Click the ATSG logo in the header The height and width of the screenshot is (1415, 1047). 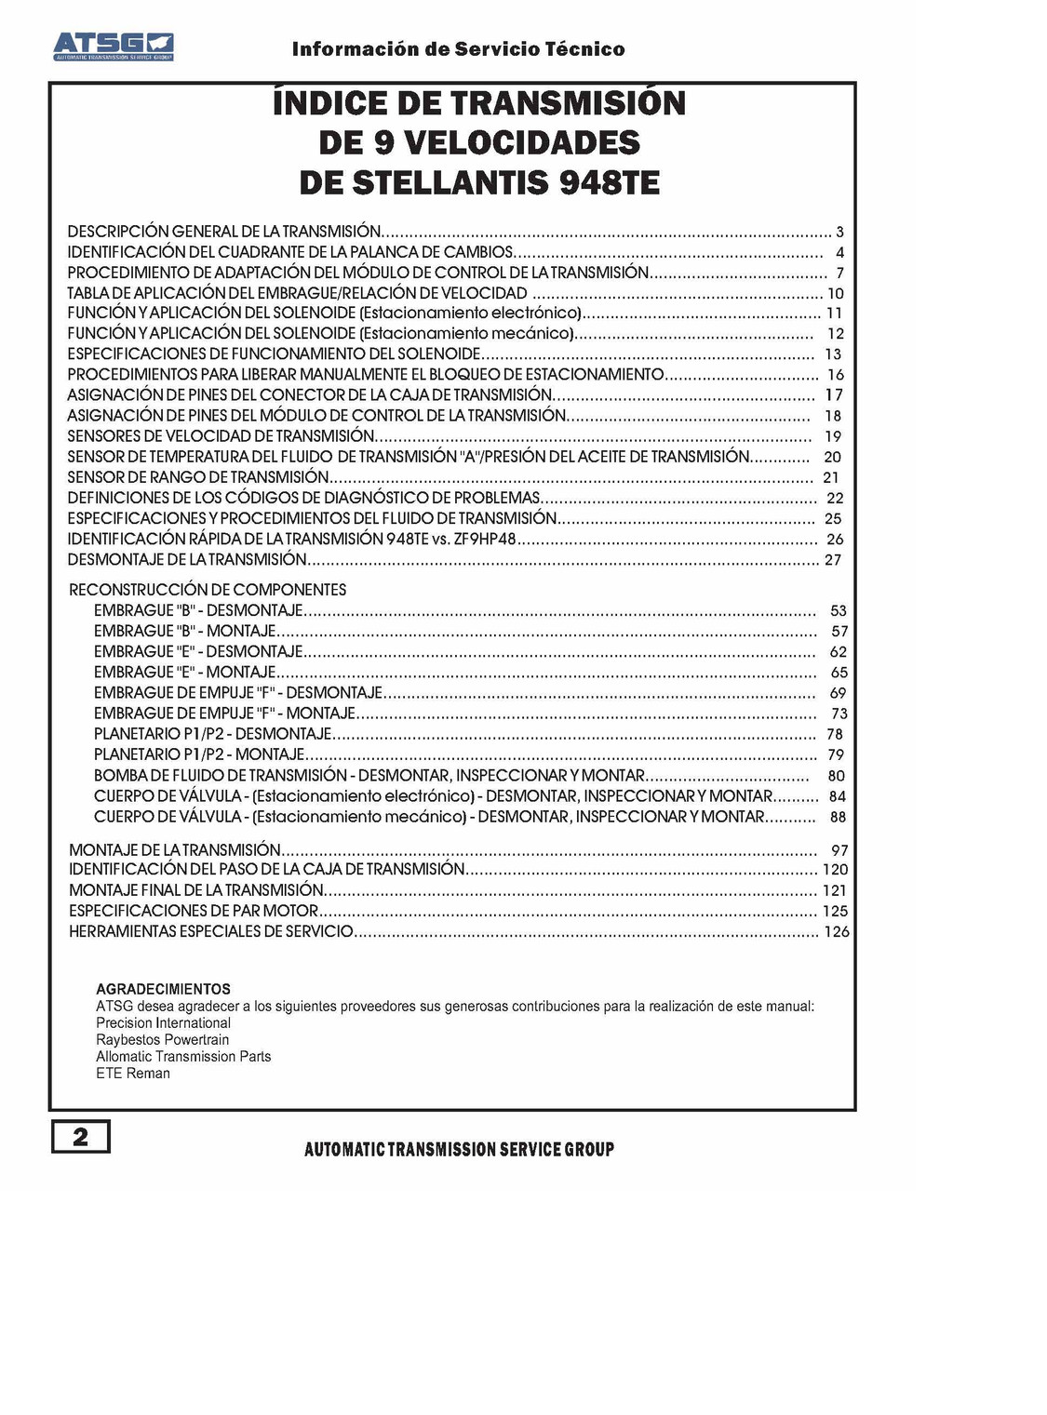(x=113, y=46)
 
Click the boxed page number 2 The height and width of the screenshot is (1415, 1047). (x=81, y=1136)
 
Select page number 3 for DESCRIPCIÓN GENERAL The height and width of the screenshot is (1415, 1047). (x=839, y=232)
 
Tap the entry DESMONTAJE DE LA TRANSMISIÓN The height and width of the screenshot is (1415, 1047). (x=187, y=559)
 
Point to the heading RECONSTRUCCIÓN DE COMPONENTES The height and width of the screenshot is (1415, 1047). (x=208, y=589)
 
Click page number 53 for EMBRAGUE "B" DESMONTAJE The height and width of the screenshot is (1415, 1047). (x=839, y=610)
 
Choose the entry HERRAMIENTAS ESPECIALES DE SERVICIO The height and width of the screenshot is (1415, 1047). (x=211, y=930)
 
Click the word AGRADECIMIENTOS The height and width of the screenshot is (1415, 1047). (x=163, y=989)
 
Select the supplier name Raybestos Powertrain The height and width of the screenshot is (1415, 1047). (x=162, y=1039)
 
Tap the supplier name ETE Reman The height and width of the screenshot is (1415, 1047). (x=133, y=1073)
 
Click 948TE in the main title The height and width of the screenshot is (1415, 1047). (x=610, y=182)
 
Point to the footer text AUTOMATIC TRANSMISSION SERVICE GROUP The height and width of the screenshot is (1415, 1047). (x=459, y=1149)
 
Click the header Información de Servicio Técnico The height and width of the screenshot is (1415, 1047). (x=458, y=49)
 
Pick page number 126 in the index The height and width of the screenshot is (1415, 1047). (x=837, y=931)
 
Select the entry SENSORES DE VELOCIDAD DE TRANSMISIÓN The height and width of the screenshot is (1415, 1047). (x=221, y=435)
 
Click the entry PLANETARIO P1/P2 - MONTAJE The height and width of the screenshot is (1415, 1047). (x=199, y=754)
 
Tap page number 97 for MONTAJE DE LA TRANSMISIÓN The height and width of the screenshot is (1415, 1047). (x=839, y=850)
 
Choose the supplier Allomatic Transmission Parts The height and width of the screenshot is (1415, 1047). (x=183, y=1056)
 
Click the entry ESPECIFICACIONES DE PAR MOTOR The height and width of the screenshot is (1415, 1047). (x=194, y=910)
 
